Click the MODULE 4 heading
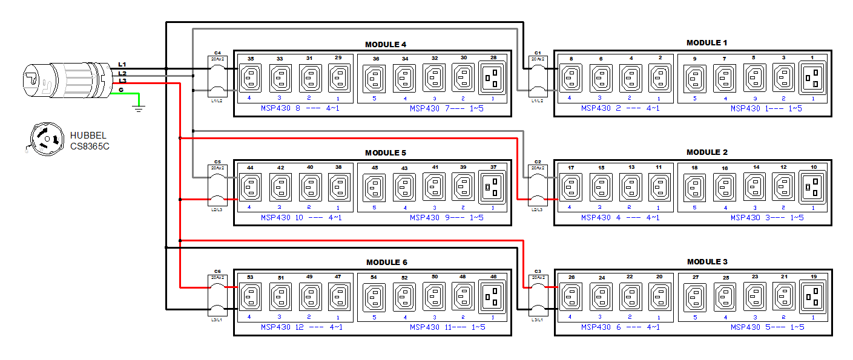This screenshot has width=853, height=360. (386, 44)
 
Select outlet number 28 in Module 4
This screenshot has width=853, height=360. (493, 78)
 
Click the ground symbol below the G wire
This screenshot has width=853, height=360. (140, 108)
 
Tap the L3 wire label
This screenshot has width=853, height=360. (122, 80)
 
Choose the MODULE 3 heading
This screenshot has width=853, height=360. (707, 261)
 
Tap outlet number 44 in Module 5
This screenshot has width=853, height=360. (250, 188)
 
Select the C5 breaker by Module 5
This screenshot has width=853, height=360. (217, 188)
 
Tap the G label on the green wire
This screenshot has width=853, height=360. (121, 90)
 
